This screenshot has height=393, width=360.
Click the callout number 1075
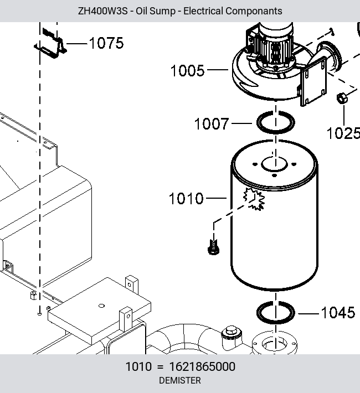pos(106,43)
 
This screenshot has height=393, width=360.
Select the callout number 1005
pos(187,70)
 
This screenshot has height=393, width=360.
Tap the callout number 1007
pos(212,123)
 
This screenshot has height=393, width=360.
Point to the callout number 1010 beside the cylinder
pos(186,199)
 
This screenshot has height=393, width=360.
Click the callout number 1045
pos(338,313)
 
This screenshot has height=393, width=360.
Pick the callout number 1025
pos(343,133)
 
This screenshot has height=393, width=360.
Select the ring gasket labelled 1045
pos(276,302)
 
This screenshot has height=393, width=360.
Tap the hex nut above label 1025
pos(342,98)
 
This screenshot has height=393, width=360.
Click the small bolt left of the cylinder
pos(213,247)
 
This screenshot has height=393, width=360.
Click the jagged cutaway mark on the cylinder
pos(254,199)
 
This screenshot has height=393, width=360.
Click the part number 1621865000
pos(202,366)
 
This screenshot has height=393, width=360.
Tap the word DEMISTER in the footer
pos(180,380)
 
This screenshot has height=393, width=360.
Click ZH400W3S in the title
pos(102,11)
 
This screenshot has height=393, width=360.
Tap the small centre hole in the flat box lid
pos(101,306)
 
